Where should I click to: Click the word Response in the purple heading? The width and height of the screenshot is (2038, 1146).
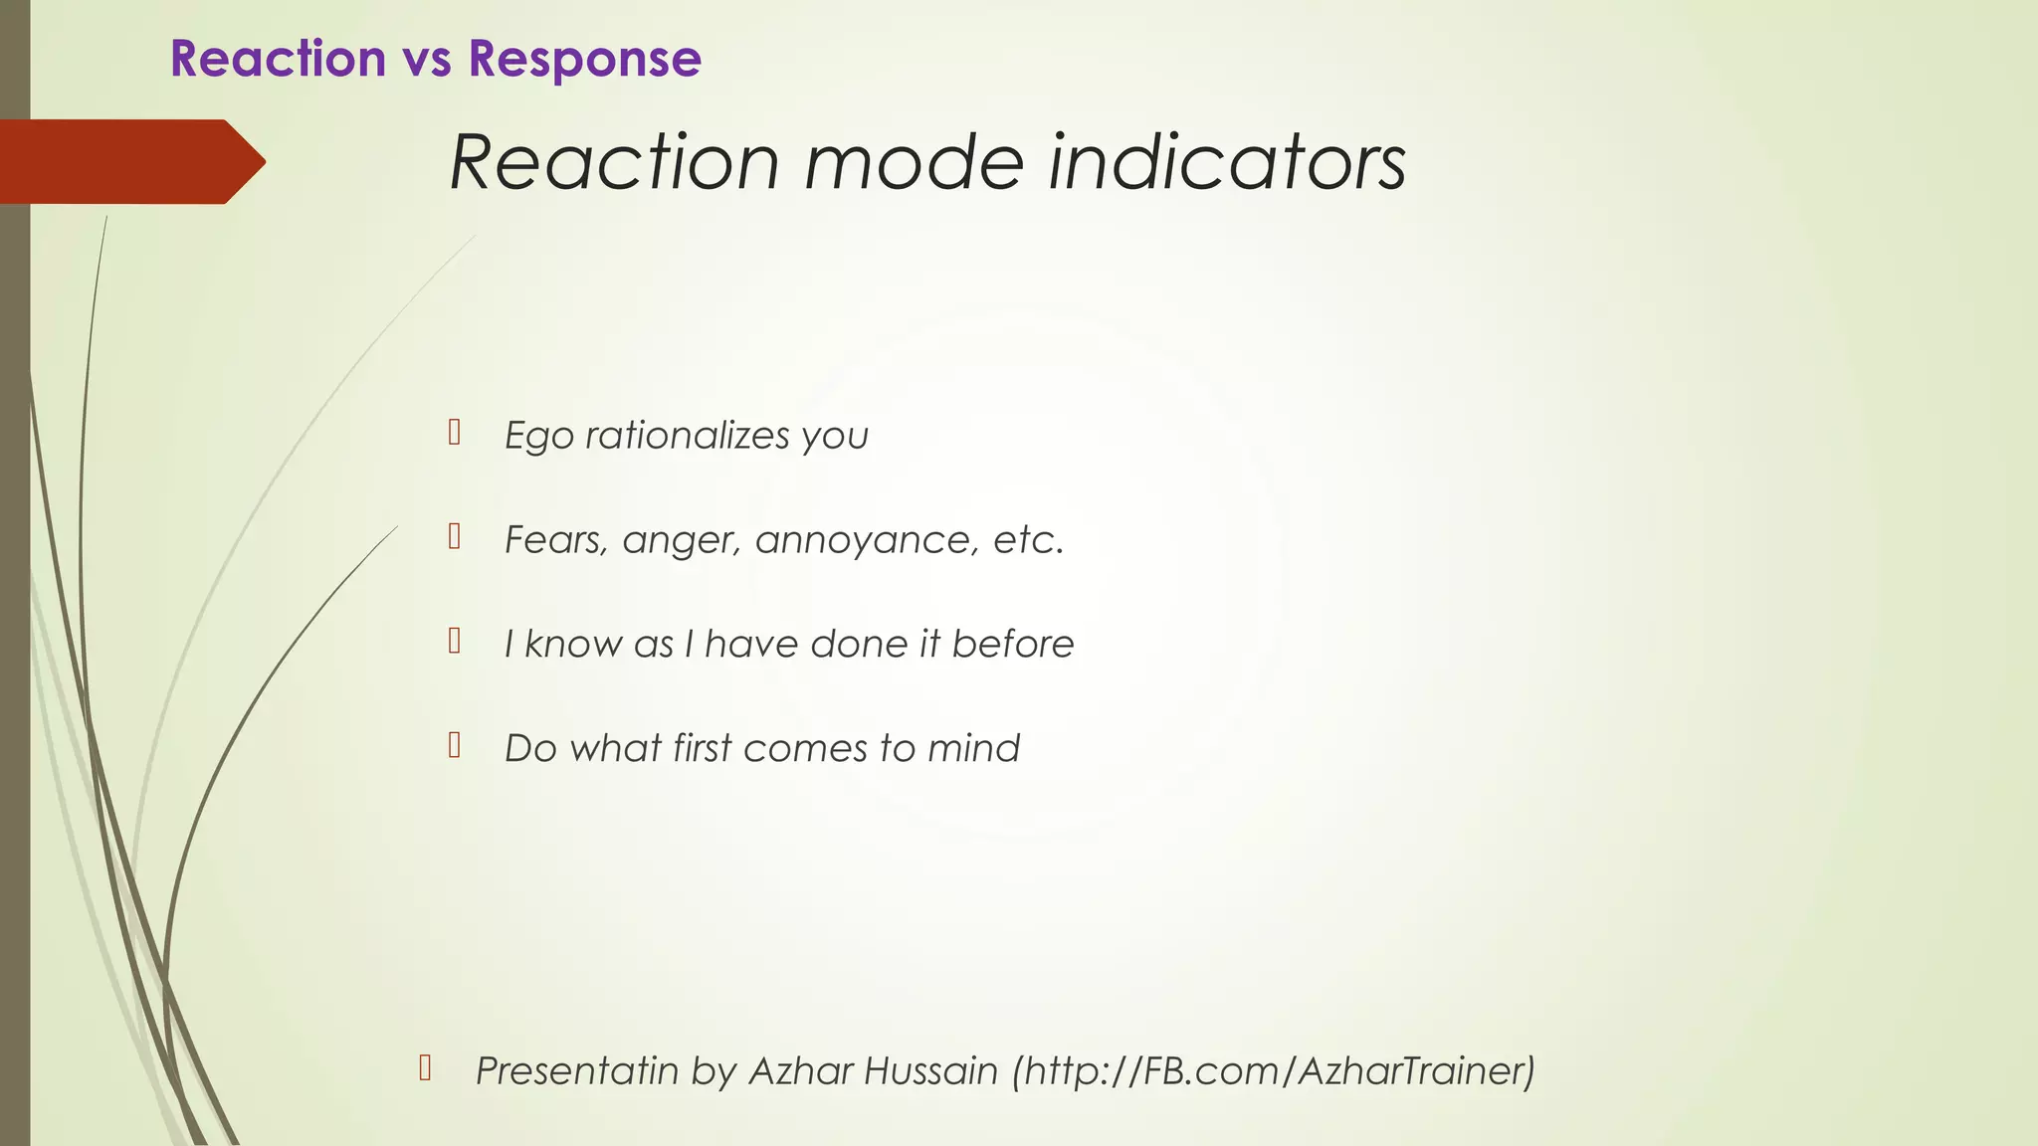(584, 59)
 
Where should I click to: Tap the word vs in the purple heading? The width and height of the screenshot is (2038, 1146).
(427, 59)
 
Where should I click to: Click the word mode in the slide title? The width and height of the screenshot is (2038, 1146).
(914, 162)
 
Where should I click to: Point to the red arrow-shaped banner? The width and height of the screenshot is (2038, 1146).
(129, 161)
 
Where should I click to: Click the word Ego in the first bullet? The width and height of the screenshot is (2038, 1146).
(538, 436)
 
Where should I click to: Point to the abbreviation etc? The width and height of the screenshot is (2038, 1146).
(1028, 540)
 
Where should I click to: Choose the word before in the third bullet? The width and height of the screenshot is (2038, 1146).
(1012, 644)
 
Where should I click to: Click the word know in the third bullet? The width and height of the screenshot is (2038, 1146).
(573, 644)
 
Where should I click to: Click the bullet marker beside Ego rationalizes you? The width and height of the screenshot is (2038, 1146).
(454, 432)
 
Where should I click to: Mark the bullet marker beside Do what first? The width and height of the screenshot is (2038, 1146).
(454, 745)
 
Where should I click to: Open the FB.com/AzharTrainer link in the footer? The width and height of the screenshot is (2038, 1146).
(1274, 1070)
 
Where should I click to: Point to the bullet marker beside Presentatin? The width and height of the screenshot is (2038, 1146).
(425, 1067)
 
